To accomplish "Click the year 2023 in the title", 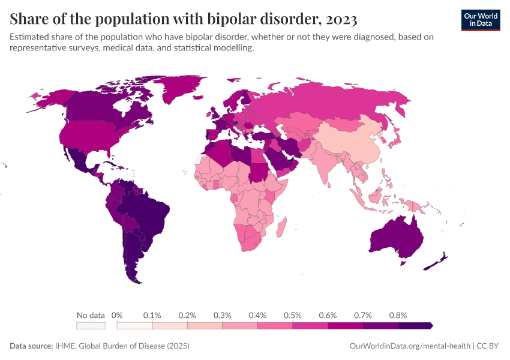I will (x=339, y=20).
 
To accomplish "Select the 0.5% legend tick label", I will (x=292, y=315).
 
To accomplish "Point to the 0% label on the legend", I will (x=117, y=315).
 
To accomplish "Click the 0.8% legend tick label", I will (x=398, y=315).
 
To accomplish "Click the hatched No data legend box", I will (x=91, y=326).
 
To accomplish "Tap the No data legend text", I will (x=91, y=315).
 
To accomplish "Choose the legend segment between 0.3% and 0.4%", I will (x=240, y=326).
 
